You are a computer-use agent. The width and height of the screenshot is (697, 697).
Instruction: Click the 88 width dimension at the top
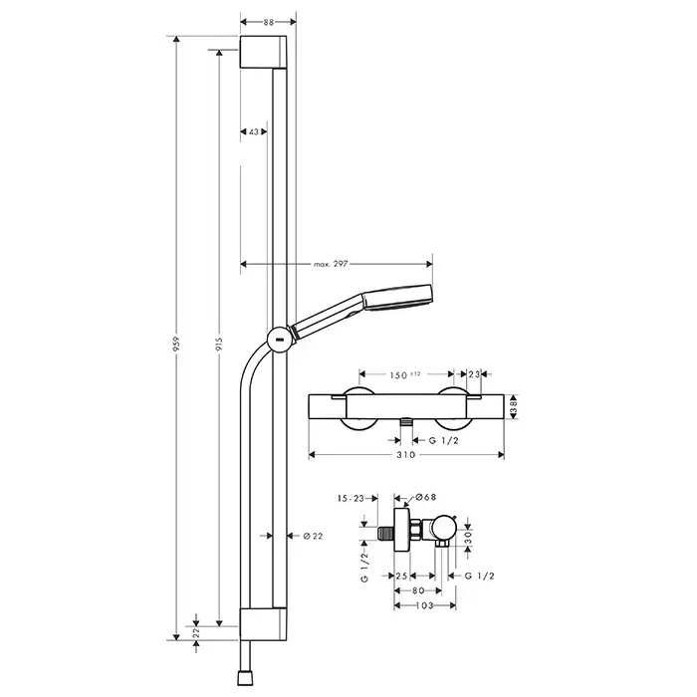pos(269,22)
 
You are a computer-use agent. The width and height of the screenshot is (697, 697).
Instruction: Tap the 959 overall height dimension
pos(176,345)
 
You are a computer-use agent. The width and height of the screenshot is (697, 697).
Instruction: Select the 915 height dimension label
pos(219,345)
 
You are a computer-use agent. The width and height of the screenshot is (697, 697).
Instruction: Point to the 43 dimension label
pos(254,131)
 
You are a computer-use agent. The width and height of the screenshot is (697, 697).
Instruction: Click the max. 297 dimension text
pos(331,264)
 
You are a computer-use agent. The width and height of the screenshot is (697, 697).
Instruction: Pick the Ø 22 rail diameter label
pos(313,536)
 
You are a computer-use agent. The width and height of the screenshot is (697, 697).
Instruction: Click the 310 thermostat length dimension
pos(406,454)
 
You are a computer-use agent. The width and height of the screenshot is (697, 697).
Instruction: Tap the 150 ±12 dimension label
pos(405,374)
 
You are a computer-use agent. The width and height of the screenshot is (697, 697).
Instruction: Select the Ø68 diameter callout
pos(426,498)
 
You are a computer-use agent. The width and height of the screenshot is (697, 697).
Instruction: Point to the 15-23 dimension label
pos(350,499)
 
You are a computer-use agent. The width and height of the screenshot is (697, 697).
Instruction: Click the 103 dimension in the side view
pos(424,605)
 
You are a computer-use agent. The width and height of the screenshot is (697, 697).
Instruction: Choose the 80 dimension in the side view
pos(418,590)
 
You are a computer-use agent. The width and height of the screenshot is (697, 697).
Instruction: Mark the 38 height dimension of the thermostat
pos(514,406)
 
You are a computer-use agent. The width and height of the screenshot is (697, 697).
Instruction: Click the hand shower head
pos(398,298)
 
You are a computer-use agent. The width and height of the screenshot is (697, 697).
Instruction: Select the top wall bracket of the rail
pos(263,52)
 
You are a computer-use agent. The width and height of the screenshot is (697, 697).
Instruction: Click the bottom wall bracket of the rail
pos(263,624)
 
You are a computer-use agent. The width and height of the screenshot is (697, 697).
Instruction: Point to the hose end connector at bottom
pos(244,677)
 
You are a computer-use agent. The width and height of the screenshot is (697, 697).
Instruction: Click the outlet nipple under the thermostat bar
pos(406,422)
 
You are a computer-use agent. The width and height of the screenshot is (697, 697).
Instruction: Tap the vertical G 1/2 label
pos(364,568)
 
